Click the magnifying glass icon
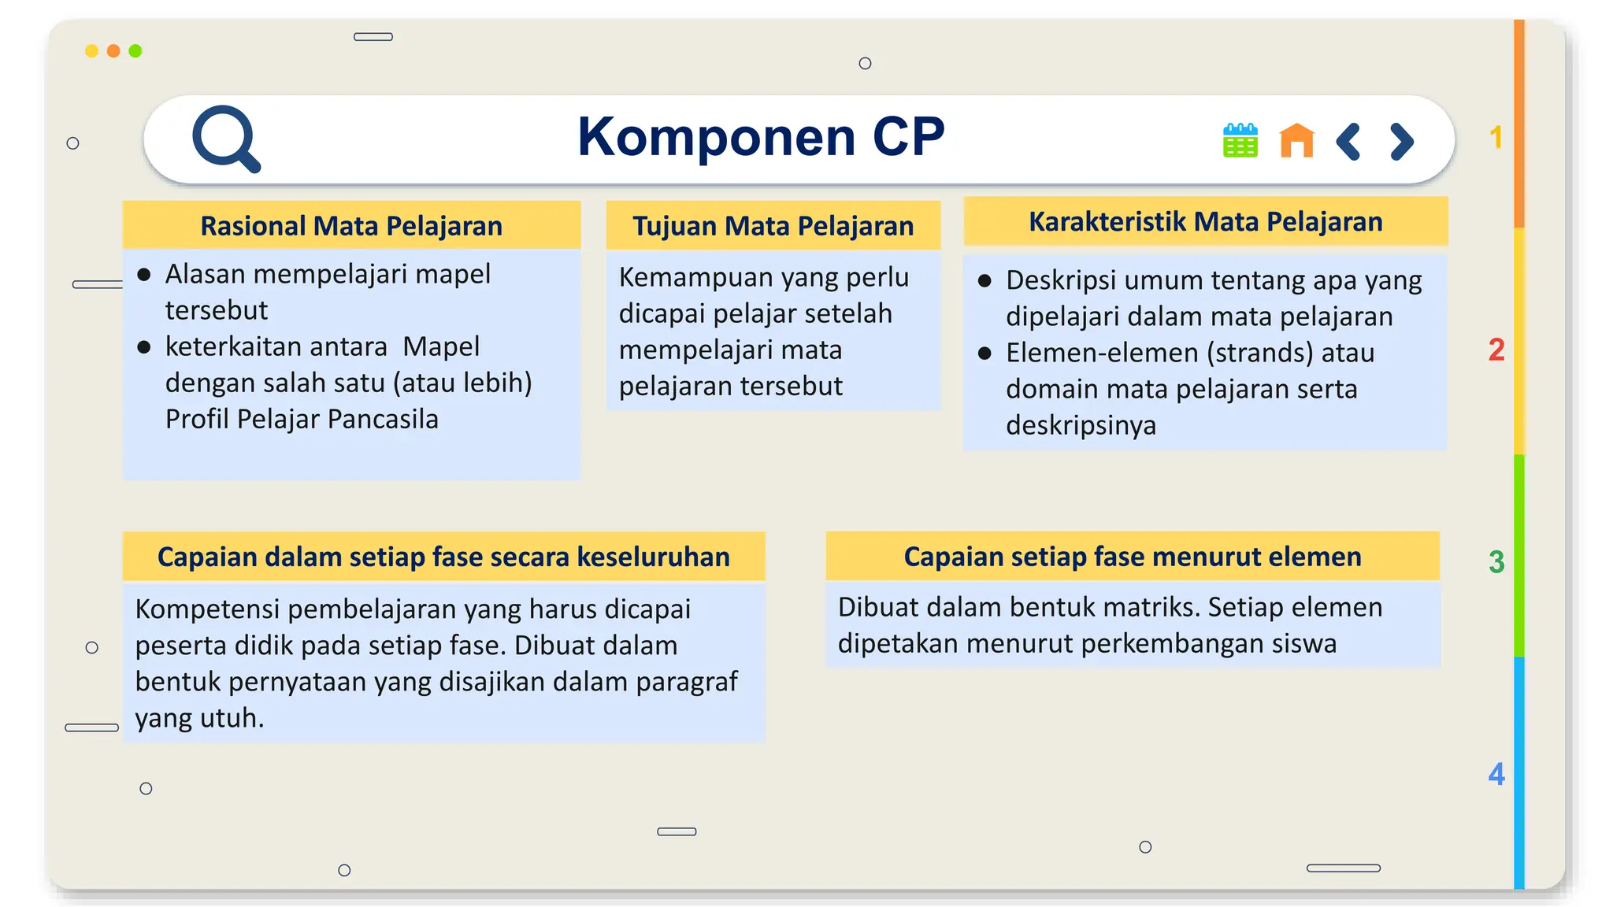click(x=225, y=139)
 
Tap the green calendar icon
click(x=1240, y=141)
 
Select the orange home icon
click(x=1296, y=141)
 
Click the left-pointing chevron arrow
click(x=1348, y=142)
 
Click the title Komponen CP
click(x=761, y=137)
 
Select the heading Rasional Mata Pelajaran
click(x=351, y=226)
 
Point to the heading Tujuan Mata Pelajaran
click(x=773, y=226)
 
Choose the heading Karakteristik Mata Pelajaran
click(x=1205, y=222)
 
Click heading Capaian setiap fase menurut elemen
click(x=1132, y=557)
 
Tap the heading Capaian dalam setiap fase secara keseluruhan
click(x=443, y=557)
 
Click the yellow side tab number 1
click(x=1496, y=138)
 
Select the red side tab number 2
click(x=1496, y=350)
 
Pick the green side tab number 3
click(x=1496, y=562)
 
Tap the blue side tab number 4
click(x=1496, y=774)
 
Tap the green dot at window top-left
click(x=135, y=51)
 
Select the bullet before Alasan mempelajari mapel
click(x=144, y=275)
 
